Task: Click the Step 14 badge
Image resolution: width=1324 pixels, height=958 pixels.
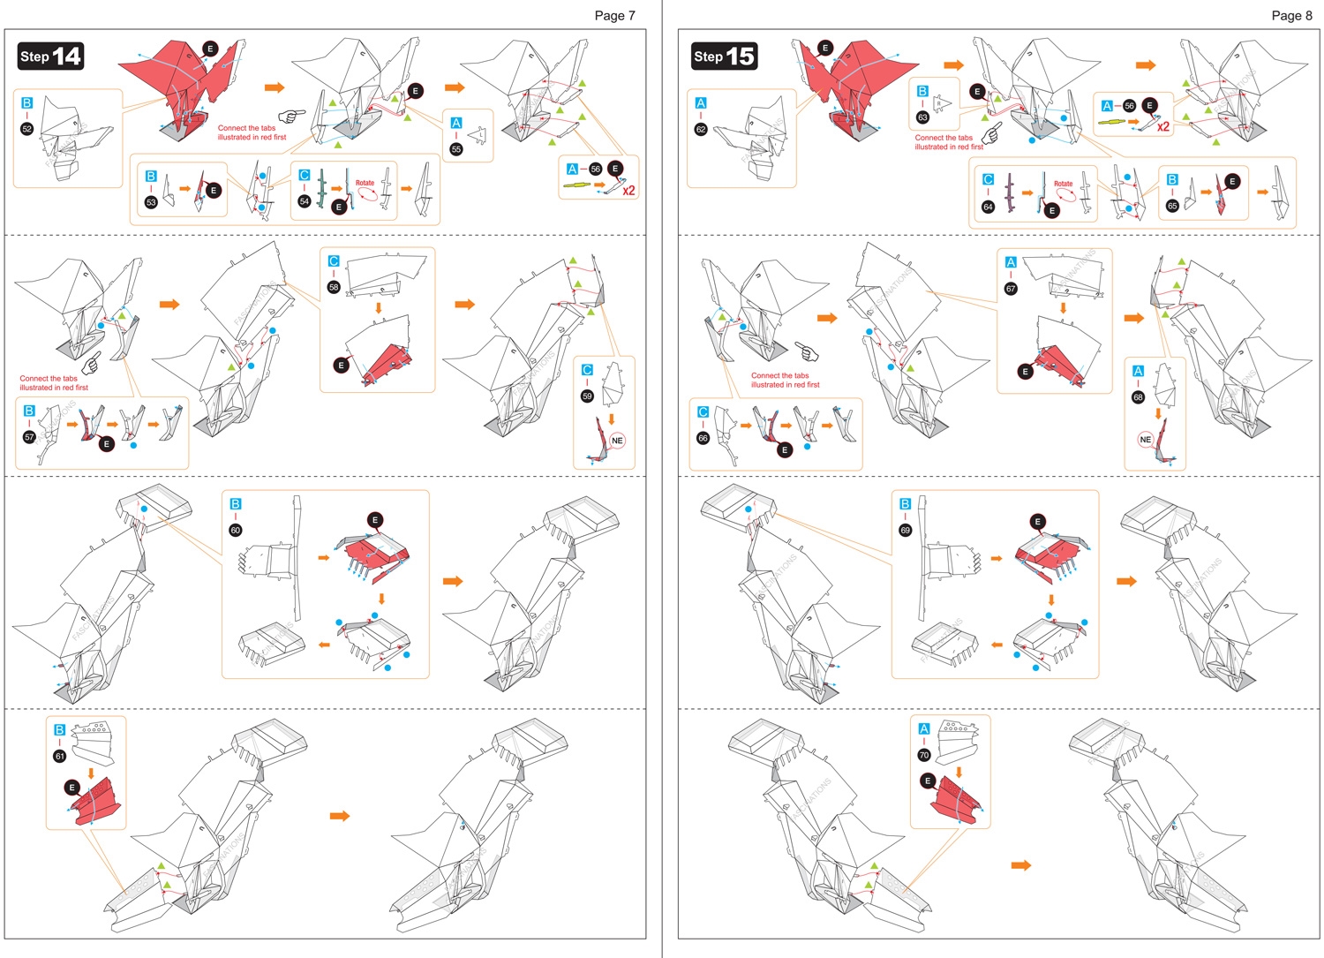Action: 51,57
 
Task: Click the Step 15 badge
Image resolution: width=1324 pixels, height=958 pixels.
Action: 725,57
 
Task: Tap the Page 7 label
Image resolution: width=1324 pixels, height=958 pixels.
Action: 614,15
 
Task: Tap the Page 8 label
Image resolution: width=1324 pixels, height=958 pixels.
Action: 1291,15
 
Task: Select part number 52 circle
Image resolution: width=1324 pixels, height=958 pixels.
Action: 26,129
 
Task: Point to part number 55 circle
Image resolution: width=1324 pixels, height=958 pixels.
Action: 456,149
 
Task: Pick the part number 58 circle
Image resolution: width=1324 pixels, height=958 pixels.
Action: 334,287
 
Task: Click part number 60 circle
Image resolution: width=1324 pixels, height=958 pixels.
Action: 236,530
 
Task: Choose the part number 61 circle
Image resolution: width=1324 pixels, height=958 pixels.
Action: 60,756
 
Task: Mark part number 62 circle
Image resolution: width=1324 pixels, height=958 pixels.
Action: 701,129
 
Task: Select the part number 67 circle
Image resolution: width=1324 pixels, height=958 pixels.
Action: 1011,288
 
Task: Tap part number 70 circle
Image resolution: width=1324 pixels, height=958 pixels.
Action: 924,755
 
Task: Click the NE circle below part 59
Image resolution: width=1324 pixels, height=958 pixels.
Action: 617,441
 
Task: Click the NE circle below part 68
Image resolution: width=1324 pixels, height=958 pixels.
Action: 1145,439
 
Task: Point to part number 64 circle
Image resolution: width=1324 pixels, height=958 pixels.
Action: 988,207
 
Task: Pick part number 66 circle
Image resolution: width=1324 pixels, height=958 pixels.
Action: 703,438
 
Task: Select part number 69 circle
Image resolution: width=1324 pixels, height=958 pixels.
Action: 905,530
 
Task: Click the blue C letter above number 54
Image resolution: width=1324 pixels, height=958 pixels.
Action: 305,176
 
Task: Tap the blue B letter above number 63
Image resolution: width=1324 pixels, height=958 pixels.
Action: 922,91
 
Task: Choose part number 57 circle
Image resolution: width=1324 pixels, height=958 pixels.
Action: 29,437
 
